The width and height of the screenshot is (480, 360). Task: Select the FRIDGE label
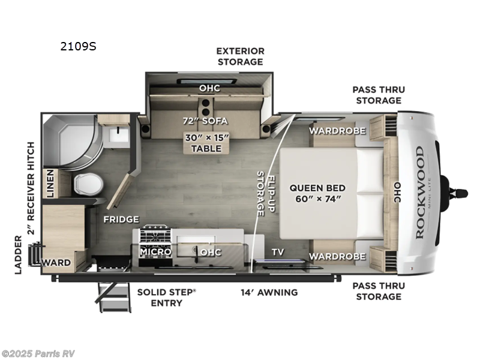pos(121,219)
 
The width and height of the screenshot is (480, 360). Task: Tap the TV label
pos(277,252)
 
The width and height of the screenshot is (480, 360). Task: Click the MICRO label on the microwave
pos(156,252)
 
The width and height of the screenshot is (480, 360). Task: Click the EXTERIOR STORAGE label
pos(240,56)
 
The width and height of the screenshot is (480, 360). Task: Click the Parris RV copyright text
pos(38,353)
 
